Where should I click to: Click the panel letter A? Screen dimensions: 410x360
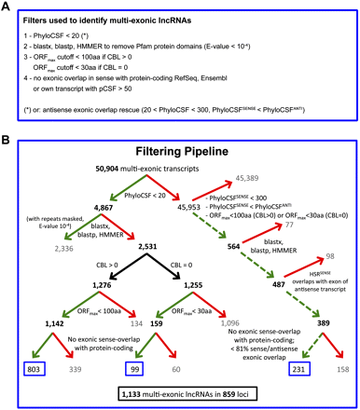7,7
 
